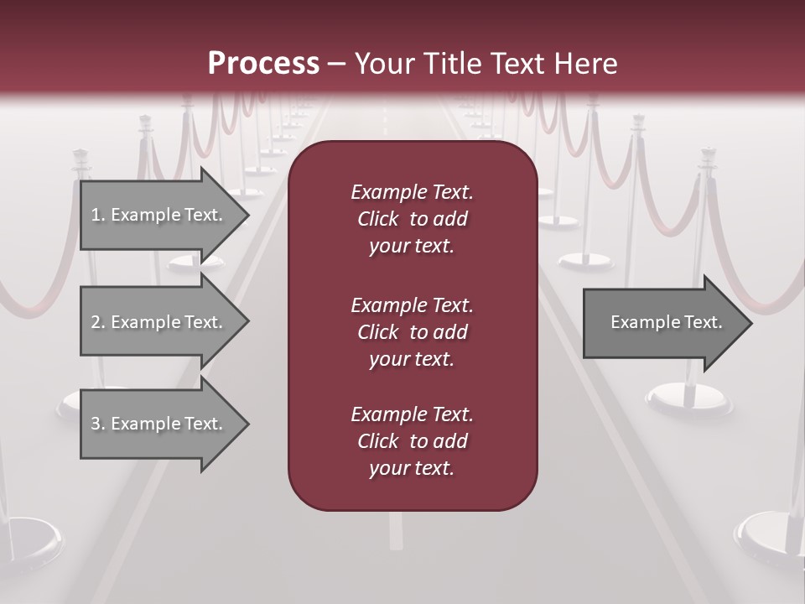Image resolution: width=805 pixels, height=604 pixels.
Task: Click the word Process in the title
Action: (263, 64)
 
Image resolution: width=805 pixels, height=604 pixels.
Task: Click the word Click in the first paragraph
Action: (378, 219)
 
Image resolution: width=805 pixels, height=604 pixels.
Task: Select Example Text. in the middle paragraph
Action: (412, 305)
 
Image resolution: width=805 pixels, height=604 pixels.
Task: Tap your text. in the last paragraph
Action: (412, 469)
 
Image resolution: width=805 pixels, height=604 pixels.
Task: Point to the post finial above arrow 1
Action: (81, 156)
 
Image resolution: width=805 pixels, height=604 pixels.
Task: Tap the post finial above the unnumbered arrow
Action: (708, 154)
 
